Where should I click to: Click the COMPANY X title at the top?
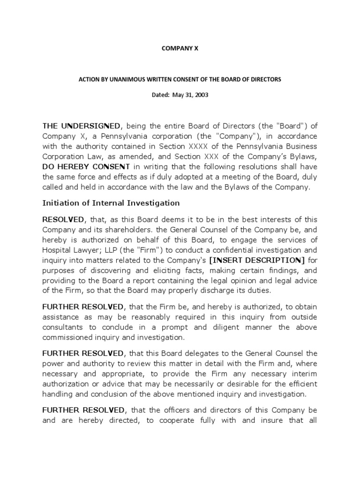(180, 47)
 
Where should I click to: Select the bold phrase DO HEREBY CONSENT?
(86, 167)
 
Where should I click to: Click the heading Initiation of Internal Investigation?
(111, 203)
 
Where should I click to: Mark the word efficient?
(300, 384)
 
